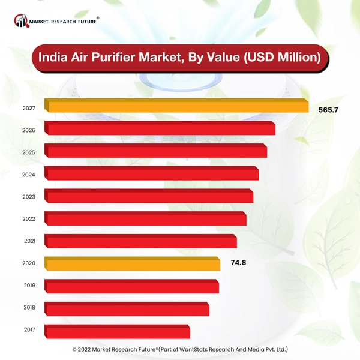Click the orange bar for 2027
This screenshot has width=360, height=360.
(x=177, y=107)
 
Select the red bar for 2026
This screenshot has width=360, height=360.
(x=160, y=129)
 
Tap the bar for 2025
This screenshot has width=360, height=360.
(x=156, y=151)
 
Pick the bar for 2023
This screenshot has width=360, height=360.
(x=149, y=196)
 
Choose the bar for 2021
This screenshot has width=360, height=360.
(x=141, y=241)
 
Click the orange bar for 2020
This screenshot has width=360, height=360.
(x=133, y=263)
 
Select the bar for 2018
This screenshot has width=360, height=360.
(x=127, y=308)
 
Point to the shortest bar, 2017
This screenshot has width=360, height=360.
(x=118, y=331)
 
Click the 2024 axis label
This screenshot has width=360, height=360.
(x=29, y=175)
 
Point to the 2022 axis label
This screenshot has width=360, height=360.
(x=29, y=219)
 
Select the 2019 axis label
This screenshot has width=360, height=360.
(x=29, y=286)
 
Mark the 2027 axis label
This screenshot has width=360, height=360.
(x=29, y=108)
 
